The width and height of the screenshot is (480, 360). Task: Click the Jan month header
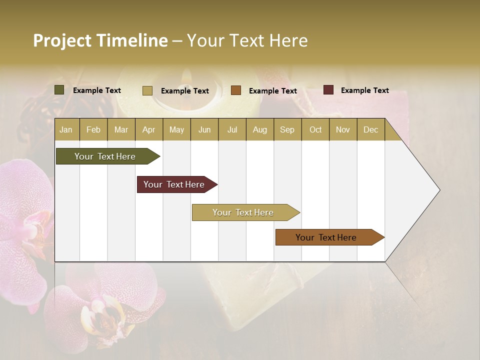pos(66,129)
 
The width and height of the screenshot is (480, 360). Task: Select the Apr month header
pos(148,129)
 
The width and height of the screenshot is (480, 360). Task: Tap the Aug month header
pos(259,129)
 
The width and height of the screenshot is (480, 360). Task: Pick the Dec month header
pos(370,129)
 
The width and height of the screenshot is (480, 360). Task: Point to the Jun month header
pos(204,129)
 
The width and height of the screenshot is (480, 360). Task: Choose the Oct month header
pos(315,129)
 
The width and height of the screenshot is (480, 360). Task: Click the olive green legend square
pos(59,90)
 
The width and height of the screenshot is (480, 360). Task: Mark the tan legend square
pos(147,90)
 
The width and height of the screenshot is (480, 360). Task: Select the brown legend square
pos(236,90)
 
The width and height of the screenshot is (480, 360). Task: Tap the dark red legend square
pos(328,90)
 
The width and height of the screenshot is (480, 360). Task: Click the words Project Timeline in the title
pos(100,40)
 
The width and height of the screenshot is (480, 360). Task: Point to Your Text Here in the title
pos(247,40)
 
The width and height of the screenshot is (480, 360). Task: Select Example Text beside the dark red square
pos(364,90)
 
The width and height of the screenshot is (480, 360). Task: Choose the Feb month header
pos(93,129)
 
